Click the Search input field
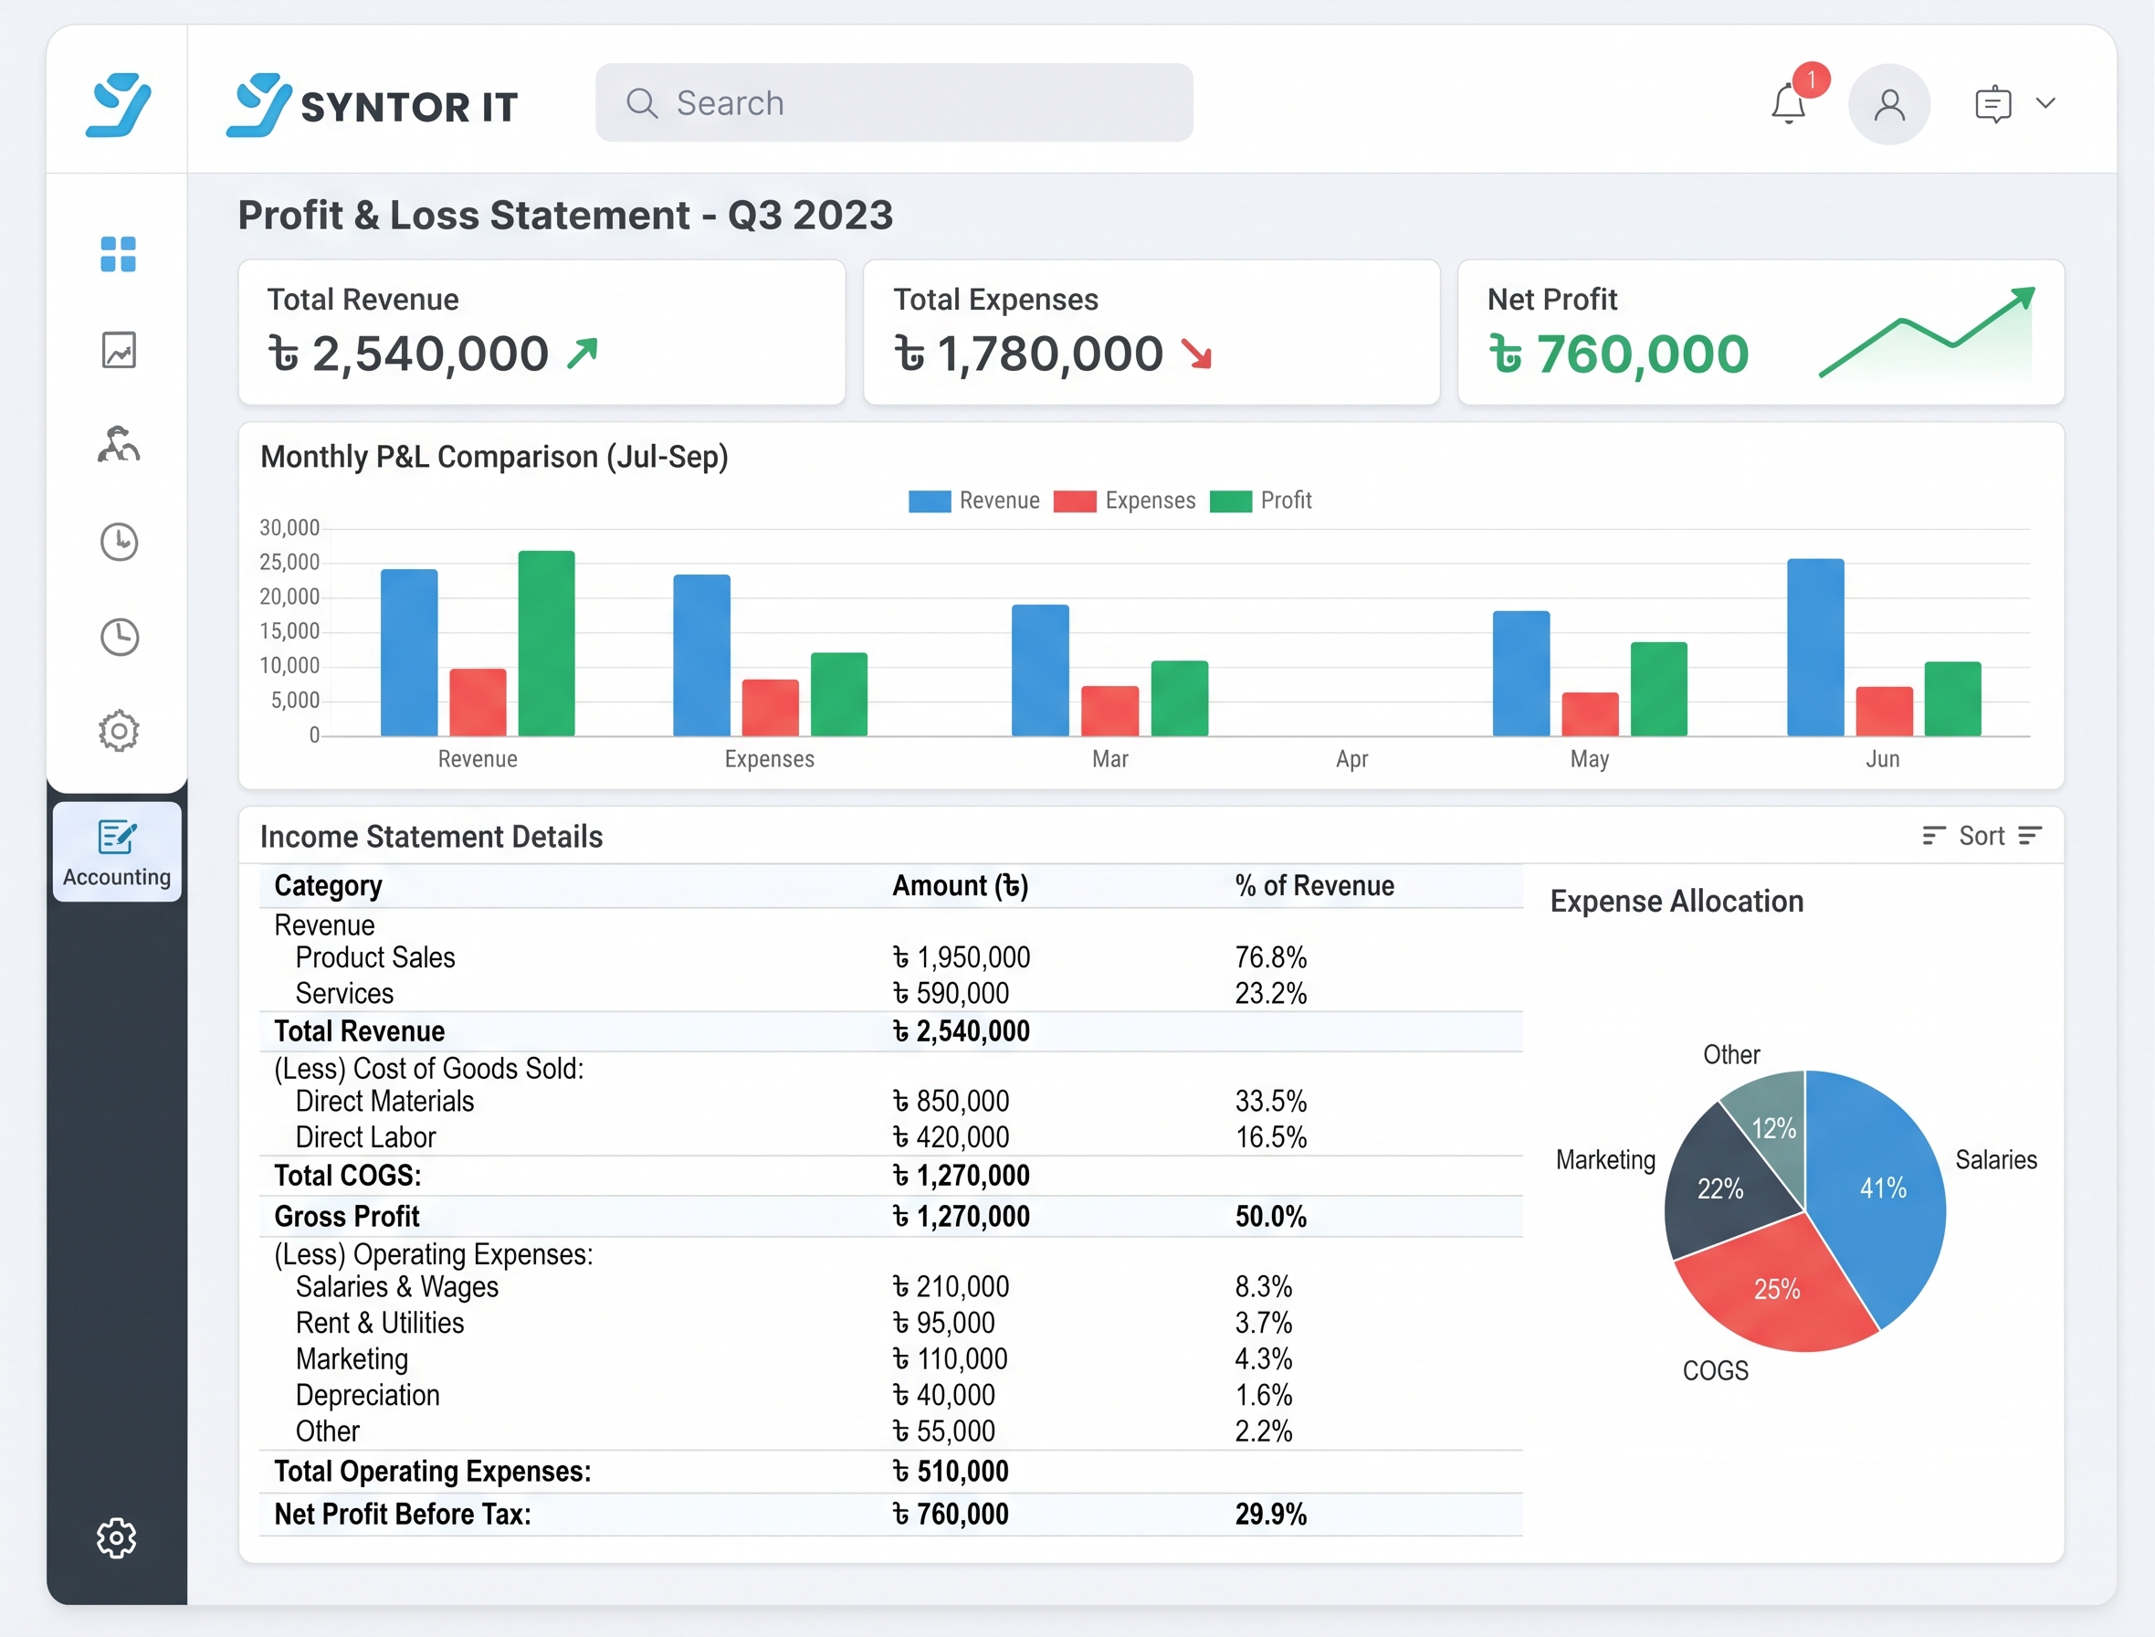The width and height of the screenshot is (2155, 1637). (x=893, y=102)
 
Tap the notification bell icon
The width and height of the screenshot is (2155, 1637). (x=1789, y=103)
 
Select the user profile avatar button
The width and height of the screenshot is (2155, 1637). (x=1889, y=104)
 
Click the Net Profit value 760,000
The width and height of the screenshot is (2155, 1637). (x=1618, y=354)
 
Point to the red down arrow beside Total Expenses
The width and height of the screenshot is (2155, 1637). (x=1196, y=354)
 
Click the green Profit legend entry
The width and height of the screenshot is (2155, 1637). (x=1261, y=501)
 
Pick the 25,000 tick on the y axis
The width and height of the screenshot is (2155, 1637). (x=289, y=562)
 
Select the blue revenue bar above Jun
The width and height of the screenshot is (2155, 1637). (x=1815, y=647)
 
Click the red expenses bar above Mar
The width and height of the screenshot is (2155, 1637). (x=1109, y=711)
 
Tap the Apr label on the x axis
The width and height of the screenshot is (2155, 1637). (x=1352, y=759)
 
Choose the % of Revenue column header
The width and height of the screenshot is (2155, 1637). (x=1314, y=886)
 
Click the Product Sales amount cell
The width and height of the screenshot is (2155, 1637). (x=962, y=958)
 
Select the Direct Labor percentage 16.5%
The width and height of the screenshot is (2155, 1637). (x=1271, y=1137)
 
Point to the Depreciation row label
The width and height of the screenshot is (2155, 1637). (x=367, y=1395)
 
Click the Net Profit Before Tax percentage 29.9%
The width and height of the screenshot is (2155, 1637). (x=1271, y=1515)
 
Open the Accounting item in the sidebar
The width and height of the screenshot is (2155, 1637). (x=117, y=851)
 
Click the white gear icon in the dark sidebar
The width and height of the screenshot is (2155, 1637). (x=117, y=1537)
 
